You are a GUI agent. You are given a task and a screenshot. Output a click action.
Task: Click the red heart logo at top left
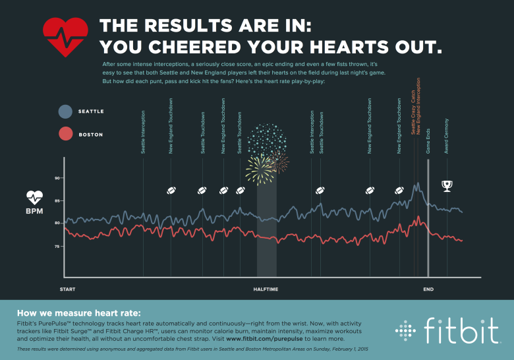65,37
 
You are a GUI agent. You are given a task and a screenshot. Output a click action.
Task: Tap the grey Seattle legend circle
65,111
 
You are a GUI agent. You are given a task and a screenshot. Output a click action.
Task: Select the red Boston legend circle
65,134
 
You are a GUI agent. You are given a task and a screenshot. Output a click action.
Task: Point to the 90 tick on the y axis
57,178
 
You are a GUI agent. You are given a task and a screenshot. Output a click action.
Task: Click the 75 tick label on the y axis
57,246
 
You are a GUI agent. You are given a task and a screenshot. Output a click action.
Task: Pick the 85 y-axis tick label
57,200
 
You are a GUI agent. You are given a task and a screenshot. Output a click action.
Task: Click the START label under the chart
68,289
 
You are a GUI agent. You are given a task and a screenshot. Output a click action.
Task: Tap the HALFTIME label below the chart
266,289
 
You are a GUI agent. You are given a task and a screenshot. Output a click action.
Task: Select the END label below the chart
428,289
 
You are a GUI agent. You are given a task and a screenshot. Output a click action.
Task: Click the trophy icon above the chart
447,185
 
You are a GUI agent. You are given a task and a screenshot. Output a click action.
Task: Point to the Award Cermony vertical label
447,135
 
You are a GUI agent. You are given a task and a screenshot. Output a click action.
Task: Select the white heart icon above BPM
35,196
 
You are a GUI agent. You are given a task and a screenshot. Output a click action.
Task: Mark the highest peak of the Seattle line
417,184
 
